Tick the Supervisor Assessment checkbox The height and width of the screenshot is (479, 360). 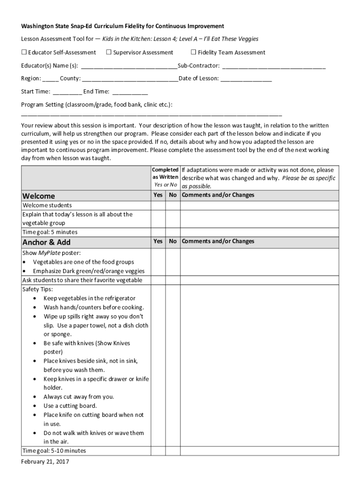click(109, 52)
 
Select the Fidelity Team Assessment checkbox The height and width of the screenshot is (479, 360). click(194, 52)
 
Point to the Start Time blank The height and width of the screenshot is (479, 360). click(67, 92)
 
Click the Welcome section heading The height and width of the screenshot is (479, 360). click(39, 196)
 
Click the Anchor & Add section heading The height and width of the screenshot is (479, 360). click(47, 242)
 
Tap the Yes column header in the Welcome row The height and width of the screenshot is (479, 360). click(158, 195)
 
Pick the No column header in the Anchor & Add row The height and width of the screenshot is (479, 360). click(173, 241)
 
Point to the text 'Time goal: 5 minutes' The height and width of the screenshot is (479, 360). click(50, 232)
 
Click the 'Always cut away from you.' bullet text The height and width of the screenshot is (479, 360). click(79, 397)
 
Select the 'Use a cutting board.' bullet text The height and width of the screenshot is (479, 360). click(70, 406)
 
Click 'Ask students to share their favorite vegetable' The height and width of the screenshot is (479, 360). click(82, 280)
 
